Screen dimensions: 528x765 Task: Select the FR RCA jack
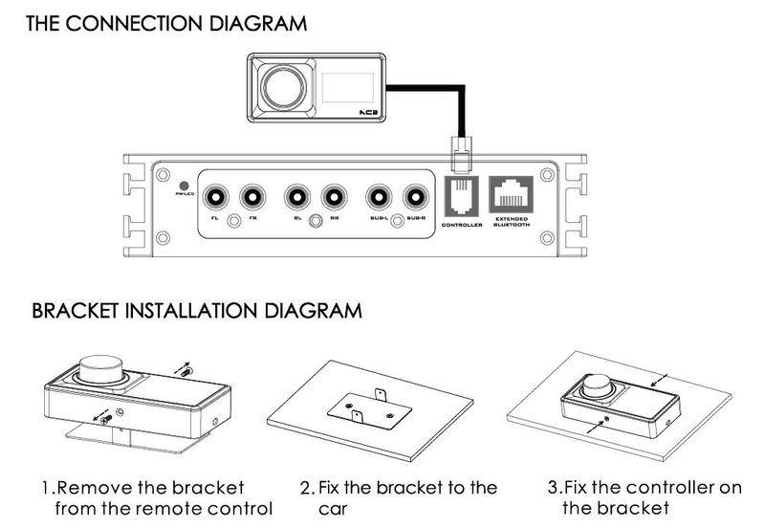point(252,198)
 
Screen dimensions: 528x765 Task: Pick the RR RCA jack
point(333,198)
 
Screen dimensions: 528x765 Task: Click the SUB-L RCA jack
point(379,198)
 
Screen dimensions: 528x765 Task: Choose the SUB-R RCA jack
point(415,198)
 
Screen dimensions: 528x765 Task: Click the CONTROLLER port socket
point(462,194)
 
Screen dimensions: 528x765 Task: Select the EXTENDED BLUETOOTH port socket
point(511,194)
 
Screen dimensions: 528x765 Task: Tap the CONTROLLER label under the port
point(463,226)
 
